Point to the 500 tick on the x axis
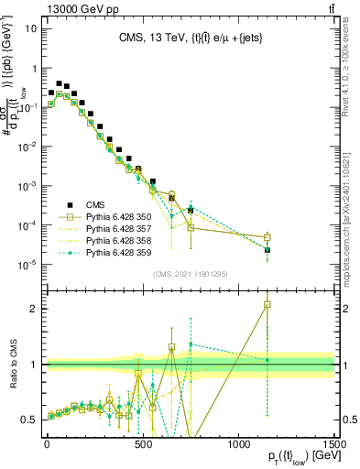[x=142, y=442]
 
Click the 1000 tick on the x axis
[x=238, y=442]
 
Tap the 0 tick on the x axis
[x=47, y=442]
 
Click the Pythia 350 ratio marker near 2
[x=267, y=304]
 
